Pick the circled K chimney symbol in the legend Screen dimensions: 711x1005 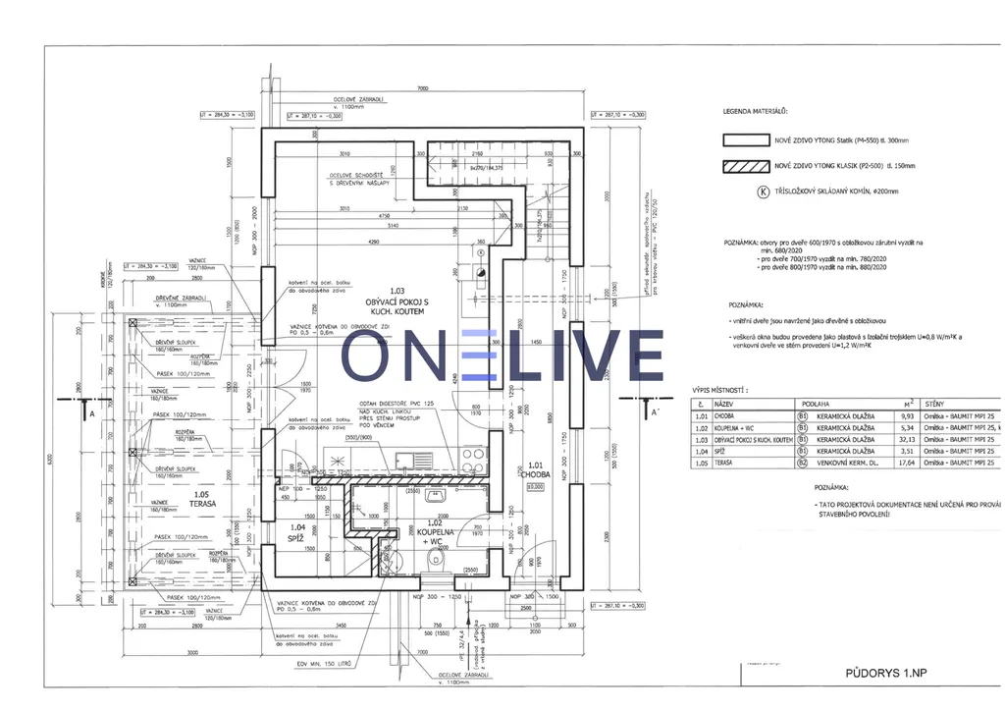tap(762, 192)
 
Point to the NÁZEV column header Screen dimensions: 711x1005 tap(725, 404)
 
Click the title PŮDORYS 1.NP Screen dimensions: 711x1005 tap(886, 673)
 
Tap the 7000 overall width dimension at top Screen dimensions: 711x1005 tap(422, 88)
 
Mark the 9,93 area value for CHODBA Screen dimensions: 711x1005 tap(910, 415)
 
